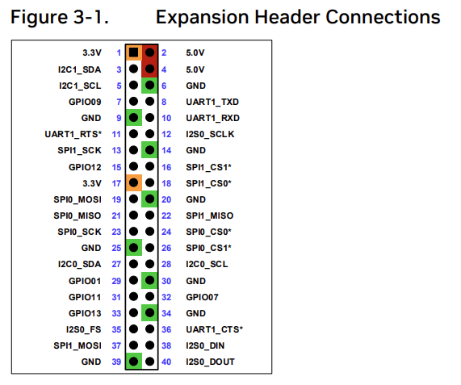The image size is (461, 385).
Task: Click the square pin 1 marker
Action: click(x=133, y=53)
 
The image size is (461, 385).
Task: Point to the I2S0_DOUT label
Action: click(x=211, y=362)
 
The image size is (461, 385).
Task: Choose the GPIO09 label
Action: click(x=86, y=102)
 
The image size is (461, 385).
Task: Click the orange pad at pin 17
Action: click(x=133, y=183)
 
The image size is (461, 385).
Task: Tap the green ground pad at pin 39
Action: click(x=133, y=362)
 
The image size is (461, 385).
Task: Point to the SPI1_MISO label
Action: click(x=209, y=216)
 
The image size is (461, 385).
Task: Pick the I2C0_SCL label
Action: click(x=206, y=264)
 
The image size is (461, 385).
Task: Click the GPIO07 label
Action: click(x=201, y=296)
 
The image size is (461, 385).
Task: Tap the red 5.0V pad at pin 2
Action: click(x=149, y=53)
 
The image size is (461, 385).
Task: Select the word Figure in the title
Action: click(x=41, y=17)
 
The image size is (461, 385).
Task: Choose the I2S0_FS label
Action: click(x=84, y=329)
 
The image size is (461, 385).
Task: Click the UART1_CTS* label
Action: click(x=213, y=329)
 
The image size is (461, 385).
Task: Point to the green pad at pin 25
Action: click(x=133, y=248)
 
